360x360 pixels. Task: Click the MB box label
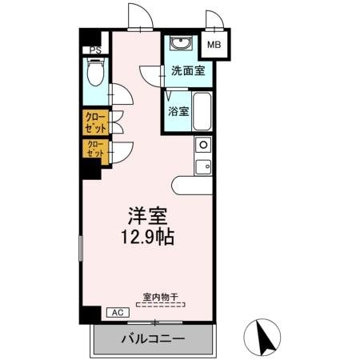click(215, 45)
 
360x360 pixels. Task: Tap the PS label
click(95, 50)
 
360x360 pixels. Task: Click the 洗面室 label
click(187, 71)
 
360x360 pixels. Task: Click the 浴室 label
click(178, 111)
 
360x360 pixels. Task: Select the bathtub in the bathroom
click(201, 112)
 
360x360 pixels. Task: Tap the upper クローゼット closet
click(95, 122)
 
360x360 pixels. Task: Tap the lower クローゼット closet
click(95, 150)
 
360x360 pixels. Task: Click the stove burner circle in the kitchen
click(202, 146)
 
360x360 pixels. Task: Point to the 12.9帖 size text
click(149, 238)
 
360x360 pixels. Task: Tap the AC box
click(115, 313)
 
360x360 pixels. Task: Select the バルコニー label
click(154, 338)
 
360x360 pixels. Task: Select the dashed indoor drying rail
click(160, 305)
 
